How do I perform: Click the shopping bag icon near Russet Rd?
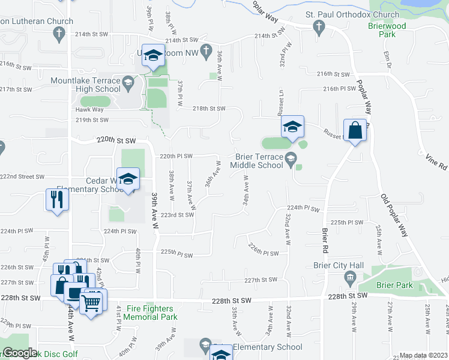[x=355, y=131]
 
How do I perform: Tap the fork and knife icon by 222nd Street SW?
[x=57, y=200]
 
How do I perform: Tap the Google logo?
[x=20, y=353]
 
